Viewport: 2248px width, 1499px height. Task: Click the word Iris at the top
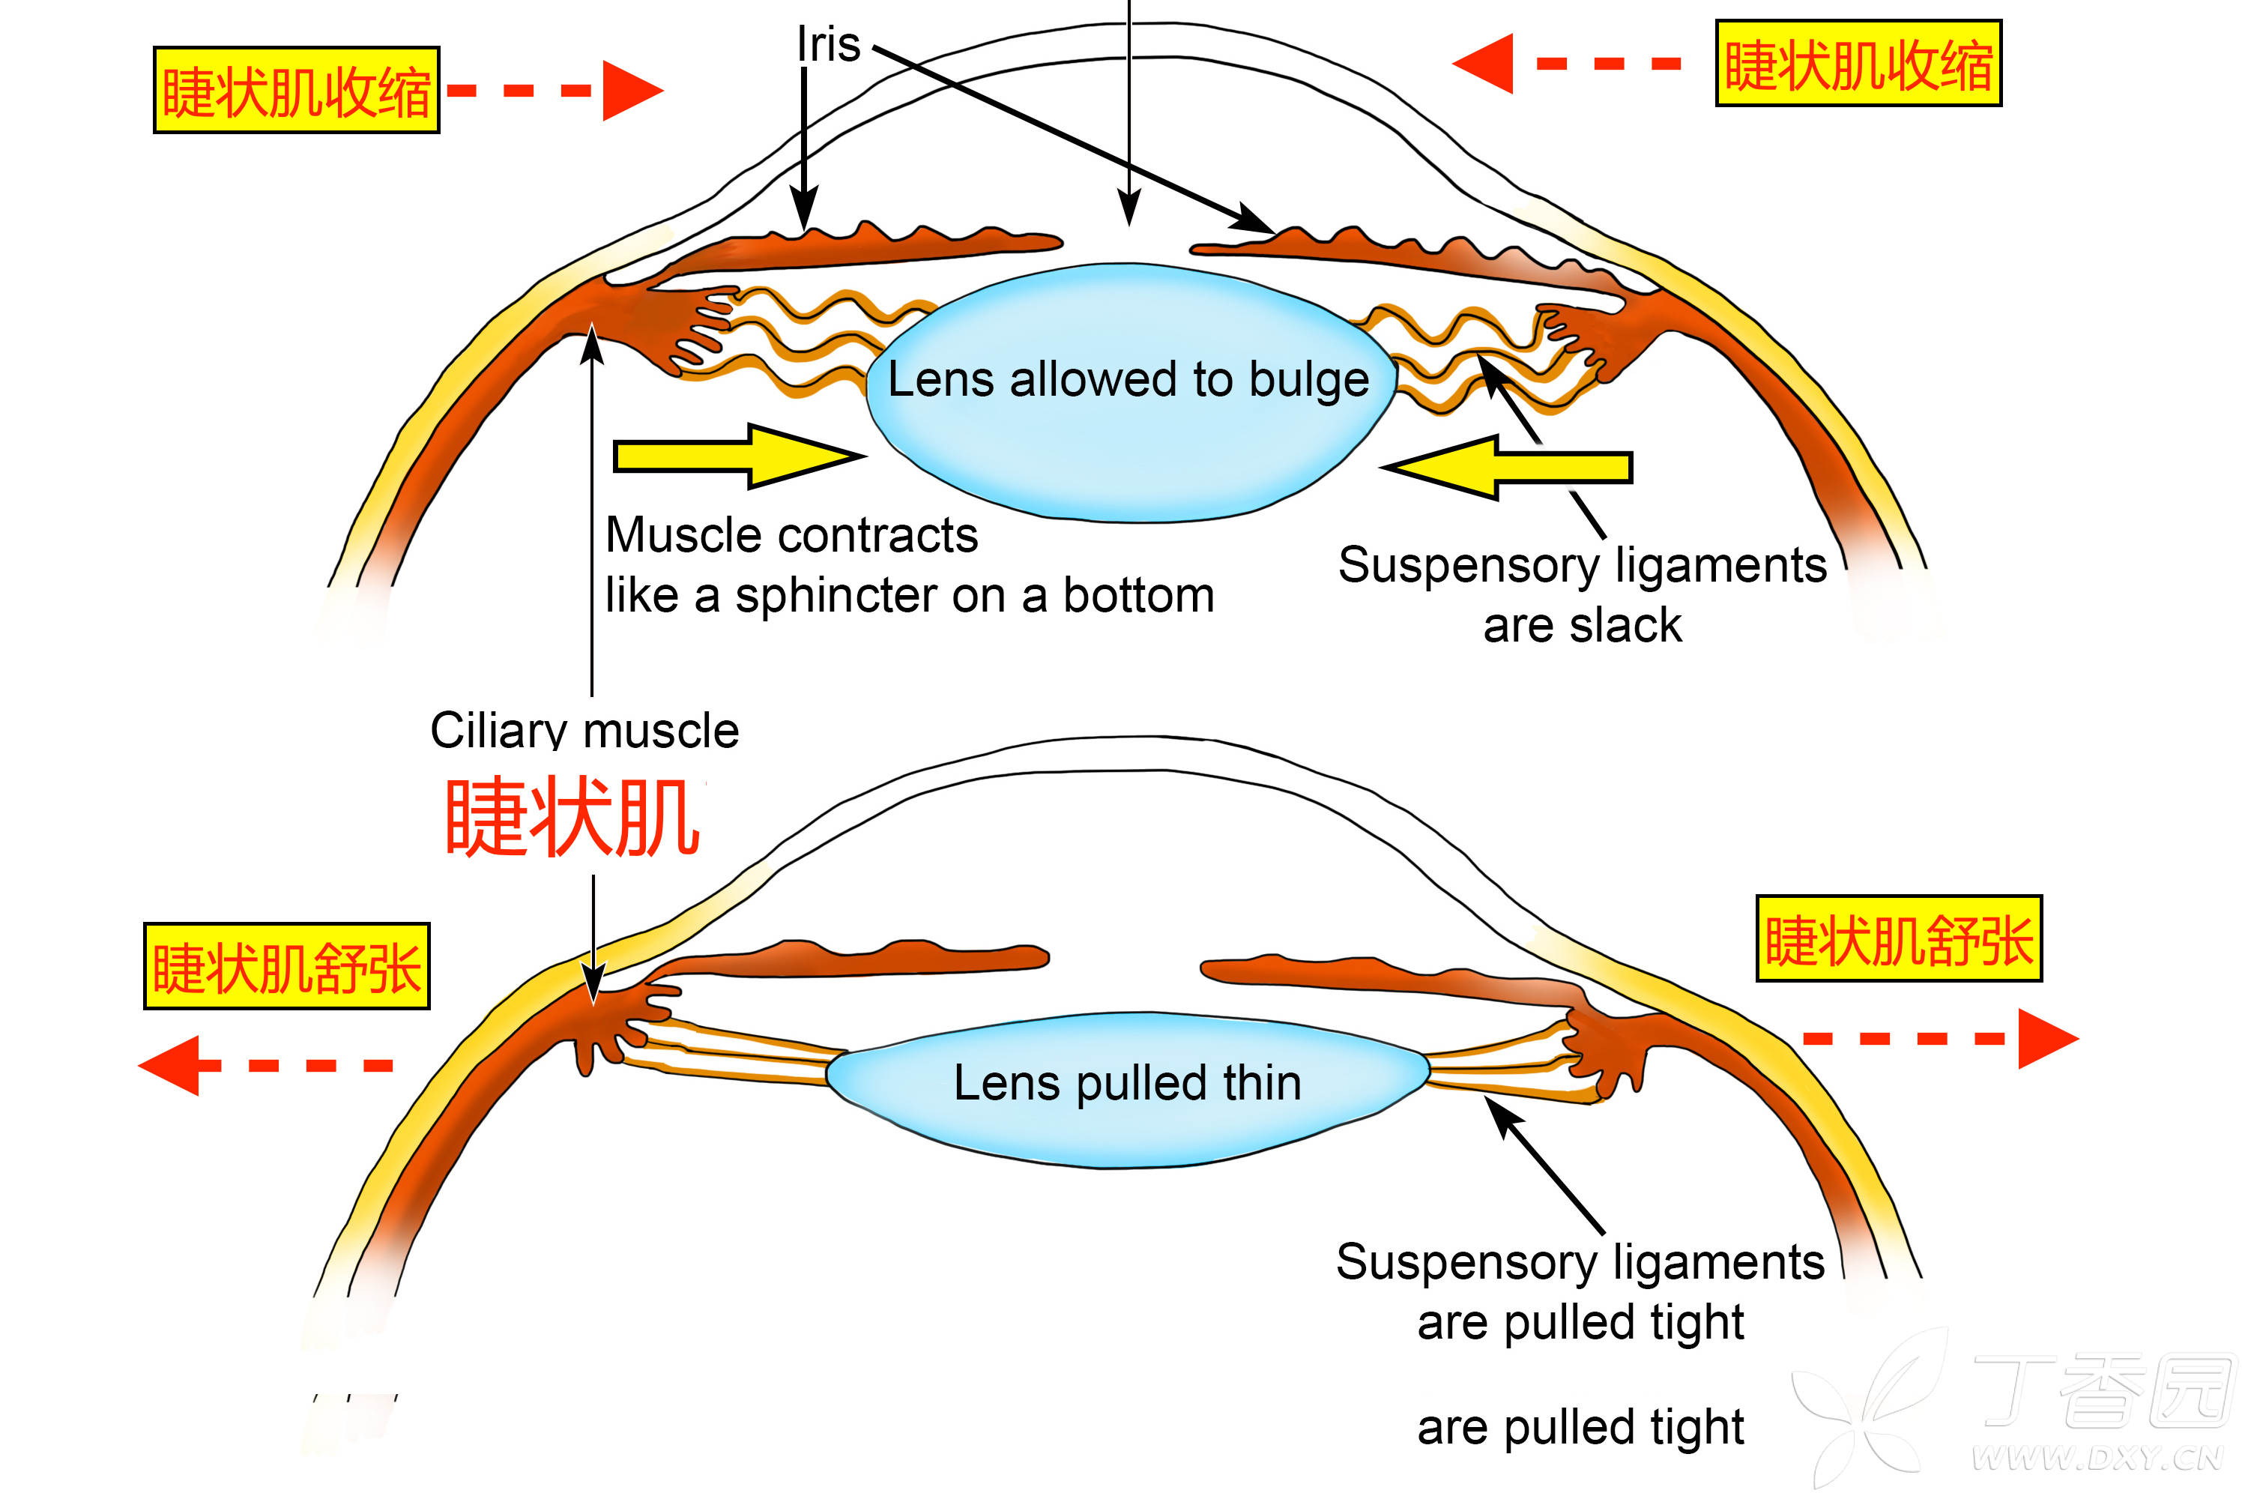(829, 45)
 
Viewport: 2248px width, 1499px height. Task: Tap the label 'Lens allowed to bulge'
(1128, 379)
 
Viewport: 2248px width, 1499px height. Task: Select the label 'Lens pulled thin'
(1128, 1083)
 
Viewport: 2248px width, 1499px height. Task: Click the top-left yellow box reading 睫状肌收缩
(296, 90)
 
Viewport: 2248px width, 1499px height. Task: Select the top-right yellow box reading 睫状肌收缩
(1858, 63)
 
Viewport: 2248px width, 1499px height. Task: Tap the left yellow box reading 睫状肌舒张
(287, 965)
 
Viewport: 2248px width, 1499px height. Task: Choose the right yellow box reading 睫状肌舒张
(1898, 939)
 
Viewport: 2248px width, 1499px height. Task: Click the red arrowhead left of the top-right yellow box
(1484, 64)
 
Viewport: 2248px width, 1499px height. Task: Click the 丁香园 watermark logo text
(2103, 1391)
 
